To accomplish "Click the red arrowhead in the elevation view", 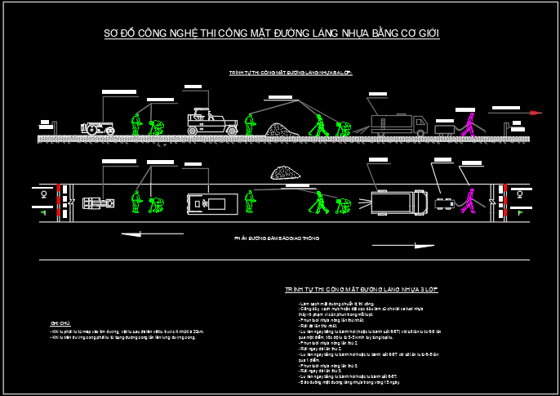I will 536,113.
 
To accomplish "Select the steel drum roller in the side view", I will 98,128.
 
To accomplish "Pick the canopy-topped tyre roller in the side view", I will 207,122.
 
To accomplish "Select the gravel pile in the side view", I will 282,130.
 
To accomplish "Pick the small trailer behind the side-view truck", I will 445,128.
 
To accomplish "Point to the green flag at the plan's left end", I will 43,212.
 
